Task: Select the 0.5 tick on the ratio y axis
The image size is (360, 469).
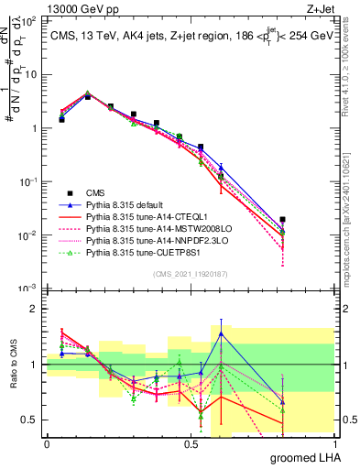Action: (31, 420)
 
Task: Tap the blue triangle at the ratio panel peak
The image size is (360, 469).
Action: (221, 333)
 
